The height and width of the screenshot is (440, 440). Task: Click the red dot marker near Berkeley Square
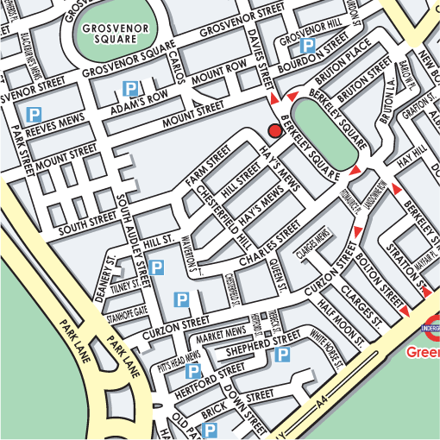point(275,130)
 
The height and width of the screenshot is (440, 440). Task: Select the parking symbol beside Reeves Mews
point(35,114)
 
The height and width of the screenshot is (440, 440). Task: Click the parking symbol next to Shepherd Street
point(282,355)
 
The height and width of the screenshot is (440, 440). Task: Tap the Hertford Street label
point(212,374)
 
